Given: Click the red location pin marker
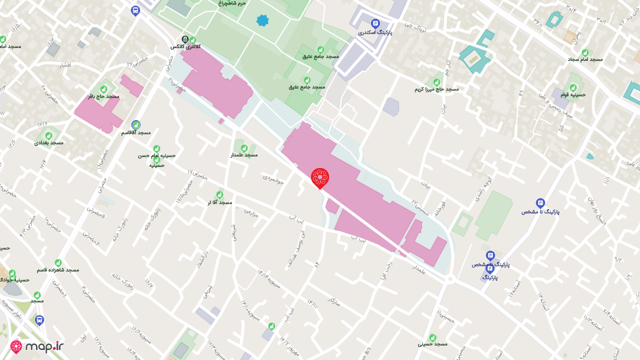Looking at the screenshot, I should click(x=320, y=178).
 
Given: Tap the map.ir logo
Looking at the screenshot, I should click(x=37, y=347).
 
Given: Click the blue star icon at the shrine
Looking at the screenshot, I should click(x=262, y=20).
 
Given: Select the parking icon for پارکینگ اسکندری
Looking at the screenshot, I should click(x=375, y=23).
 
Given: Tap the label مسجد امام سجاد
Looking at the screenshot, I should click(x=585, y=59).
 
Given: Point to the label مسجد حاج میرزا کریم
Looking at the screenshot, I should click(x=436, y=89).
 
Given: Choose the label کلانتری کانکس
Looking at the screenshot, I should click(x=185, y=46).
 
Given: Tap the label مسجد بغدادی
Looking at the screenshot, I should click(x=49, y=142).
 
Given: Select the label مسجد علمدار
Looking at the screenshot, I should click(x=244, y=154).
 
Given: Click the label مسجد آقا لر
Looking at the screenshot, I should click(x=220, y=202).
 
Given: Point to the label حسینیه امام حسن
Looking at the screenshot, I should click(x=157, y=155).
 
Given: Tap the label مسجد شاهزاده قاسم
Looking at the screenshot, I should click(x=58, y=269).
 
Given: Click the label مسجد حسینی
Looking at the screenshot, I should click(x=432, y=344).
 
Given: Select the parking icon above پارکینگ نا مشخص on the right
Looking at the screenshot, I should click(x=540, y=202).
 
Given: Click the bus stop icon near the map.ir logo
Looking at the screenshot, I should click(x=39, y=320).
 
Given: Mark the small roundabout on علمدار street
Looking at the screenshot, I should click(x=450, y=278).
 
